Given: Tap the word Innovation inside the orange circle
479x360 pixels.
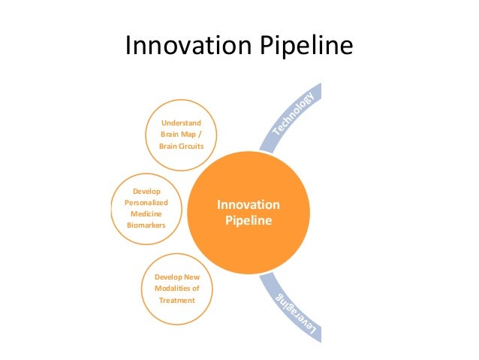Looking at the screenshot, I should [249, 205].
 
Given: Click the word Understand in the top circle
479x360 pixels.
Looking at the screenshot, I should [182, 123].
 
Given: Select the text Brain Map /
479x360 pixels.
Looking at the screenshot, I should [181, 134].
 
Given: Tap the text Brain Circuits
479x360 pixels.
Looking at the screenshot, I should [182, 146].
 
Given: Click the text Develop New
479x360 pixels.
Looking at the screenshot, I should [176, 277].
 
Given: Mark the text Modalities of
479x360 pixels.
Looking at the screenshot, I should [176, 289].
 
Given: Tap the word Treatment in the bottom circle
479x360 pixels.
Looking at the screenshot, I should [176, 301].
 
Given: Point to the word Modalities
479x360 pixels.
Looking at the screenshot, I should [172, 289].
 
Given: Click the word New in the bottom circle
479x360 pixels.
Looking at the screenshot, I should [192, 277].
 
